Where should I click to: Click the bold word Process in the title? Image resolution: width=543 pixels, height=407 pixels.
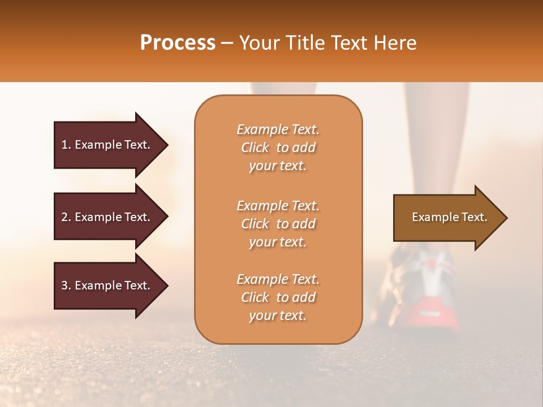(x=178, y=43)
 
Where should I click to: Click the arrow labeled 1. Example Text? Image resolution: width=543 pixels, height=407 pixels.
(x=107, y=145)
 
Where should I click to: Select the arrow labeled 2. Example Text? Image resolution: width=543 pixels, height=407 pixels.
(x=107, y=217)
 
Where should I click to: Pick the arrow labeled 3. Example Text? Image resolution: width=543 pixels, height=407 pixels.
(x=107, y=285)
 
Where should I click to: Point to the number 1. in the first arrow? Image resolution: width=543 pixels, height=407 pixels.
(x=66, y=145)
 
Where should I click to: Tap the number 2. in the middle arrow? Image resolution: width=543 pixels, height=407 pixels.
(x=66, y=217)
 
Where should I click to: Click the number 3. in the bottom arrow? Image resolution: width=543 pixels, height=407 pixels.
(x=66, y=285)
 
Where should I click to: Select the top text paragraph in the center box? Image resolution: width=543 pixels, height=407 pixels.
(x=278, y=148)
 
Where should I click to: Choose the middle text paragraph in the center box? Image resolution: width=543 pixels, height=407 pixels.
(x=278, y=224)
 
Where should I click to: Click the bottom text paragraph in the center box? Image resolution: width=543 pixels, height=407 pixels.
(x=278, y=297)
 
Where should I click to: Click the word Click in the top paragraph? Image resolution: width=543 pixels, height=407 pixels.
(x=255, y=148)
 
